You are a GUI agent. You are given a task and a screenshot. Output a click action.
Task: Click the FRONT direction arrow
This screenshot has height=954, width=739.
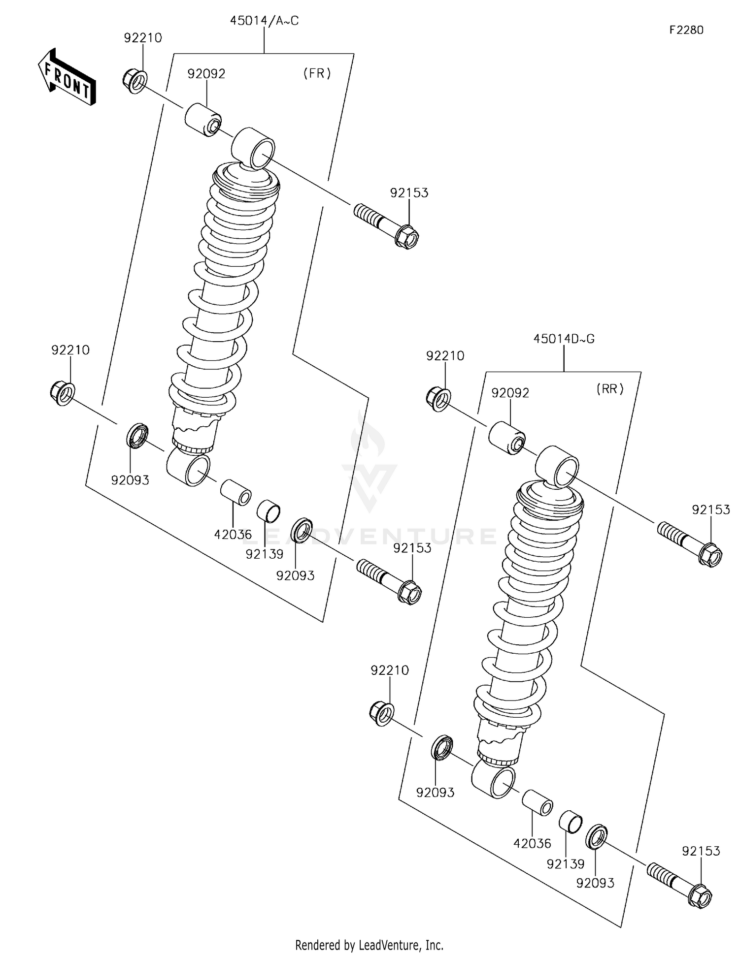(x=67, y=78)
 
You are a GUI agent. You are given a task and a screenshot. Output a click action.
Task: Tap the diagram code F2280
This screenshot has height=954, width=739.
(x=686, y=30)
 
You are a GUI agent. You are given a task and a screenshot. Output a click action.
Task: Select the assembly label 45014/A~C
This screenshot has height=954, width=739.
(x=264, y=21)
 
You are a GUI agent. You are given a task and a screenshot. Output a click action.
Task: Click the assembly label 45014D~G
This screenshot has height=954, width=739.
(x=564, y=339)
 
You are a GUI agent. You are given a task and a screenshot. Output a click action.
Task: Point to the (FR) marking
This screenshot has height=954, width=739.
(x=317, y=73)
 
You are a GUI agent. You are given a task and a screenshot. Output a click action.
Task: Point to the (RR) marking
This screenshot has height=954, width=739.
(x=610, y=389)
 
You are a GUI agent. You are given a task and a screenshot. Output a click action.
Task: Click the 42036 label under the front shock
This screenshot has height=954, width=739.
(x=233, y=534)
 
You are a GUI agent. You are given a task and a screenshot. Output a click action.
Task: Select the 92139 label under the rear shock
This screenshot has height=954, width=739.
(x=565, y=864)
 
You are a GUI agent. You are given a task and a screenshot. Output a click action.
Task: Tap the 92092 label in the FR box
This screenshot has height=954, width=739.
(x=206, y=74)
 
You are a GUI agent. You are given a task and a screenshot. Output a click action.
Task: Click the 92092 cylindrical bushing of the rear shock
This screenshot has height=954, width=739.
(x=507, y=438)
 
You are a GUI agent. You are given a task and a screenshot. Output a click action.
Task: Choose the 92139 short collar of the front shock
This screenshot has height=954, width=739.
(x=269, y=511)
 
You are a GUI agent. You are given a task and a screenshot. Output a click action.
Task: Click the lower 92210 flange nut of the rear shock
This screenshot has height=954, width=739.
(x=381, y=714)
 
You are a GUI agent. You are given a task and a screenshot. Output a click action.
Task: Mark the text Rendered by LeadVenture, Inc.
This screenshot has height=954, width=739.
(x=369, y=945)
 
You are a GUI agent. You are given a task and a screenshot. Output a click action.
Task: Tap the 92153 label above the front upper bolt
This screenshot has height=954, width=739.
(x=409, y=193)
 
